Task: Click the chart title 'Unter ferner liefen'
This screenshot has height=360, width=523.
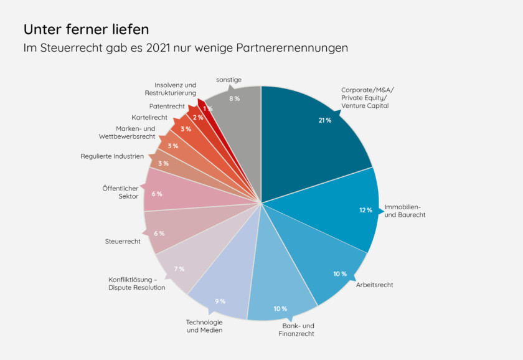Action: (86, 29)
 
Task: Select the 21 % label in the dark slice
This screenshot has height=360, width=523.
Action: (324, 120)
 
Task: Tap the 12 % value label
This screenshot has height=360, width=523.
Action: (365, 210)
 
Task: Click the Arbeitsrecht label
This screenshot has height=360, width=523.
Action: (374, 285)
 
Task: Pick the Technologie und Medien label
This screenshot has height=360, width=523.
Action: (204, 326)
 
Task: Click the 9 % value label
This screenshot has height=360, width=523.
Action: (220, 301)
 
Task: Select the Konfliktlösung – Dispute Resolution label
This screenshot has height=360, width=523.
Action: (136, 283)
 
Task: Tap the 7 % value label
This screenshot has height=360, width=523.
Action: (179, 269)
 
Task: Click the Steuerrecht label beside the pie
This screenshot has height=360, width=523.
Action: (123, 241)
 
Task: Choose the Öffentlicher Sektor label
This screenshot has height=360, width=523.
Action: (121, 192)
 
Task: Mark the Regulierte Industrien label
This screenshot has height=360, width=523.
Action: (112, 156)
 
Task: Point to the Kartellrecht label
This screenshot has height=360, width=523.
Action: (149, 117)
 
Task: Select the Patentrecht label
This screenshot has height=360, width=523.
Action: (166, 107)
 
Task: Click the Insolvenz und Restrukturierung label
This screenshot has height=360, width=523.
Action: (171, 89)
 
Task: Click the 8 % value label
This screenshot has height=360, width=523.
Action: (234, 98)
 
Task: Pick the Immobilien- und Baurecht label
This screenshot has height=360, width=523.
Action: (405, 211)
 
